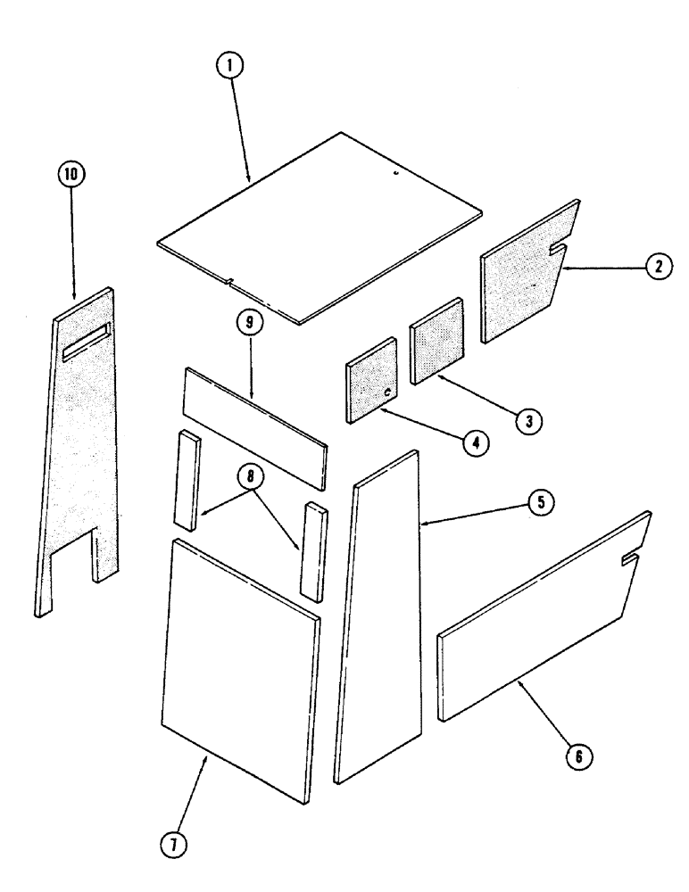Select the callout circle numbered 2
(x=657, y=266)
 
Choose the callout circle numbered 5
(x=538, y=504)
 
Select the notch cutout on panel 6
(x=630, y=559)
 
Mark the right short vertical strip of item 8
(x=314, y=551)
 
